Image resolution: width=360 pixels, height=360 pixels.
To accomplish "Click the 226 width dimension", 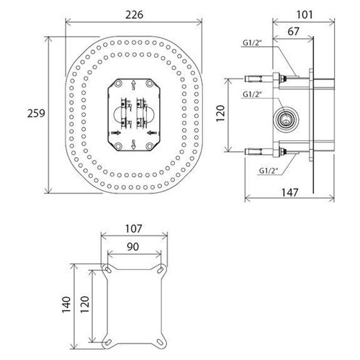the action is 134,15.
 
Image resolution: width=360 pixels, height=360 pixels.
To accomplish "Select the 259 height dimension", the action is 36,113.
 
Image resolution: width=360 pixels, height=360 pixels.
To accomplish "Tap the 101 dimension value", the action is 305,15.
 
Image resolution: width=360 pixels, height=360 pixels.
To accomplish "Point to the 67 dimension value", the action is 294,32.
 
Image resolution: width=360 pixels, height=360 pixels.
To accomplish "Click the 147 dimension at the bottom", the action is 290,192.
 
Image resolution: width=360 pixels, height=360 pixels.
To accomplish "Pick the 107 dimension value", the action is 134,229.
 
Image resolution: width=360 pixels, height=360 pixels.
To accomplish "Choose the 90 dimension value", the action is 132,247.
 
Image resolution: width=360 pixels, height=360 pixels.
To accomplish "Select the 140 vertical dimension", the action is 66,305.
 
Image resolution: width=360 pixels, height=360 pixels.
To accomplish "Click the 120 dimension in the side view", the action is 220,114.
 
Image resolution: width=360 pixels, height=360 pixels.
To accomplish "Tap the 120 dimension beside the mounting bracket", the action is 85,305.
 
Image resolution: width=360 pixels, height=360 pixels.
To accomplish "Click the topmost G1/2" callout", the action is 252,42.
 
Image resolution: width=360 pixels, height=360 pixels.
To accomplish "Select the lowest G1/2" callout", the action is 269,171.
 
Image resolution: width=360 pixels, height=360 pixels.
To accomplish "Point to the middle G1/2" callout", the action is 252,94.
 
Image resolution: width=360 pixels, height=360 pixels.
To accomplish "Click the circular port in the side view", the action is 286,120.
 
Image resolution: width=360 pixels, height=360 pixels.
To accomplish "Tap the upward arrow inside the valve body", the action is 134,86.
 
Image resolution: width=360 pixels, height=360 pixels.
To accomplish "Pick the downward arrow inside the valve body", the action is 134,145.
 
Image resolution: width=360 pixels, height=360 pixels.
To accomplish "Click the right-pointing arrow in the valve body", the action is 116,132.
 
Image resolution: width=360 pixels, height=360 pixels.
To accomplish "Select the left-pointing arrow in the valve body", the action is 152,132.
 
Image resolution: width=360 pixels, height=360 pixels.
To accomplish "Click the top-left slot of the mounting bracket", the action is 108,270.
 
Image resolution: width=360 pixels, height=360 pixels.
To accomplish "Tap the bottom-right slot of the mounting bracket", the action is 159,341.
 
